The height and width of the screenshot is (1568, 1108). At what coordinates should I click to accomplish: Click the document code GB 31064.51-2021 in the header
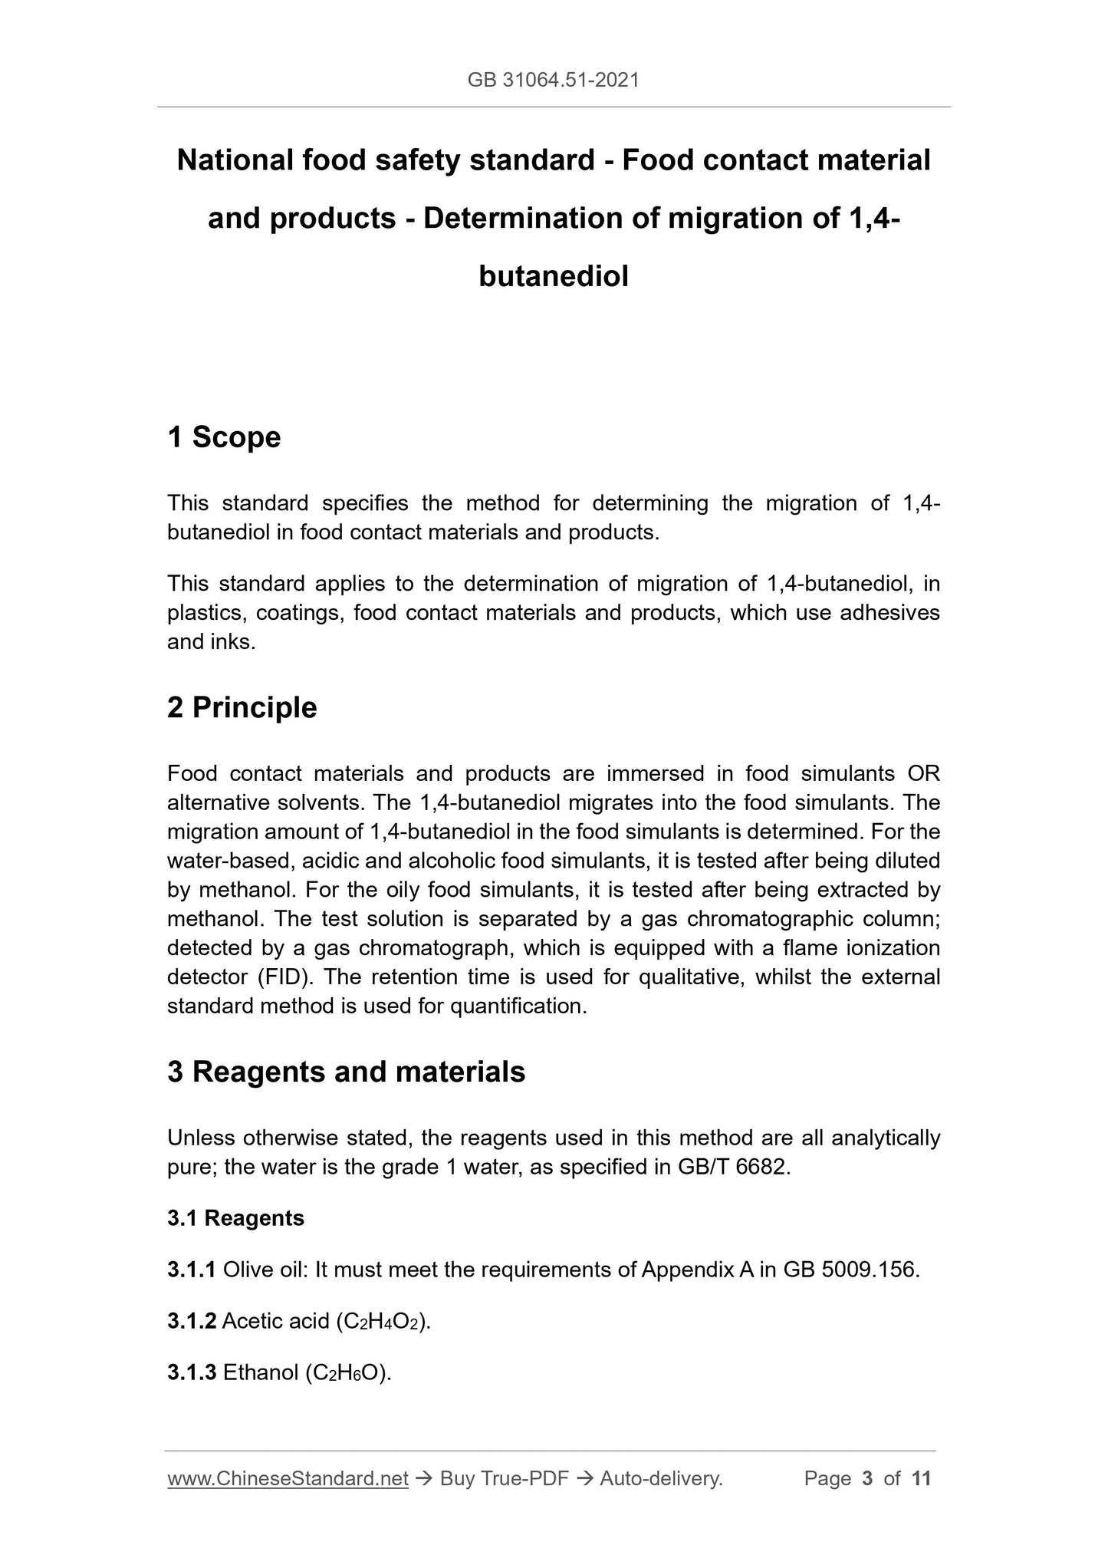pos(553,80)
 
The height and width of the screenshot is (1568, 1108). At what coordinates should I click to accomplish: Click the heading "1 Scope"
pos(224,437)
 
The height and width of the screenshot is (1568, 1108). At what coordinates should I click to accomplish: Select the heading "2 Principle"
pos(242,707)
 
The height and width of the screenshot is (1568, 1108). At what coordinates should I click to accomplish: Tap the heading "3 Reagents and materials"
pos(346,1072)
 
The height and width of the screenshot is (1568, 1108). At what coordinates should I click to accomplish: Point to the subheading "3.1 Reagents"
pos(235,1218)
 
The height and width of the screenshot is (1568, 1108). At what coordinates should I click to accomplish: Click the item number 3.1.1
pos(192,1270)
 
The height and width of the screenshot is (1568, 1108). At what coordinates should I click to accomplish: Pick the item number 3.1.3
pos(192,1372)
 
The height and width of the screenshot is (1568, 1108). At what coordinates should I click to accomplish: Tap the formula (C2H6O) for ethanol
pos(348,1373)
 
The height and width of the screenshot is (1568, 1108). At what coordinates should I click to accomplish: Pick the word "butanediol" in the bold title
pos(553,276)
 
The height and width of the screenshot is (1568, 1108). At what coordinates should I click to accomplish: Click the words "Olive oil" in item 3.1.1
pos(265,1270)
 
